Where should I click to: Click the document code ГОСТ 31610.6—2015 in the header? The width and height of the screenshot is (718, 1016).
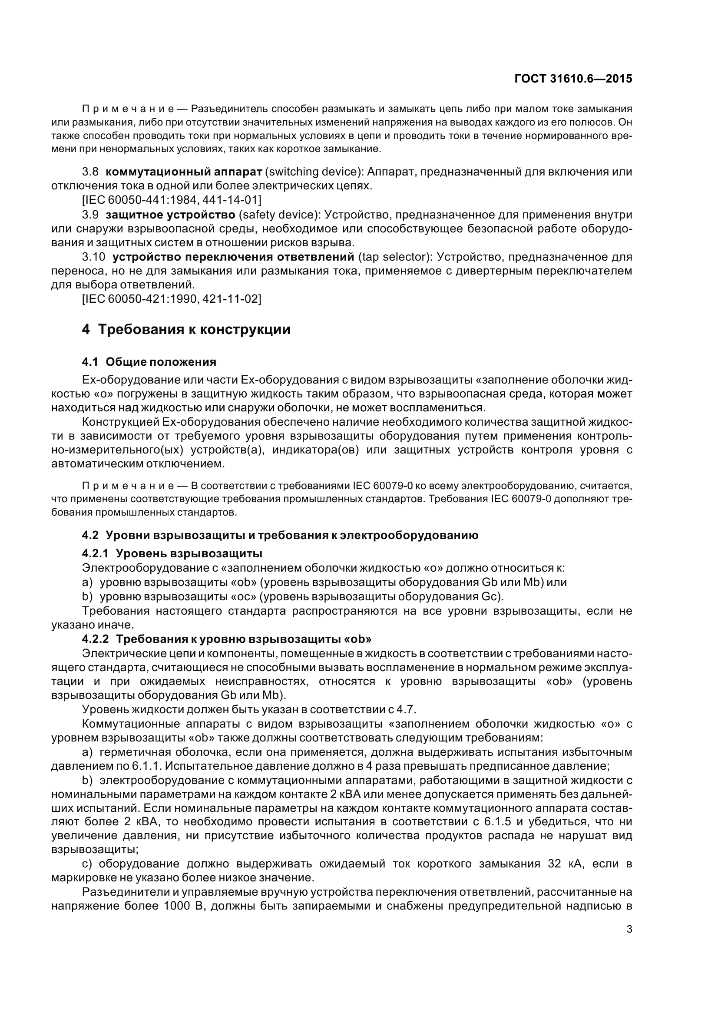click(x=573, y=79)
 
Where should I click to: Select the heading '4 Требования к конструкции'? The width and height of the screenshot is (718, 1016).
click(x=186, y=330)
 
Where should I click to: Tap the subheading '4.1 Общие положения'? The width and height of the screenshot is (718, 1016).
click(x=149, y=362)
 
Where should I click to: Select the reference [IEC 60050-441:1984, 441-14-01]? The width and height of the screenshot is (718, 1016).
click(x=172, y=200)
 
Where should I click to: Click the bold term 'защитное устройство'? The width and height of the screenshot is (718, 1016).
click(x=170, y=215)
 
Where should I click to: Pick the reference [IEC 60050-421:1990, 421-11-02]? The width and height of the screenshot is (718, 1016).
click(x=172, y=299)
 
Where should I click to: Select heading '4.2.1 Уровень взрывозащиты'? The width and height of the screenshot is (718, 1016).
click(x=172, y=553)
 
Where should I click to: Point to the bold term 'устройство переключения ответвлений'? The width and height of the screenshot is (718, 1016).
click(x=233, y=257)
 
